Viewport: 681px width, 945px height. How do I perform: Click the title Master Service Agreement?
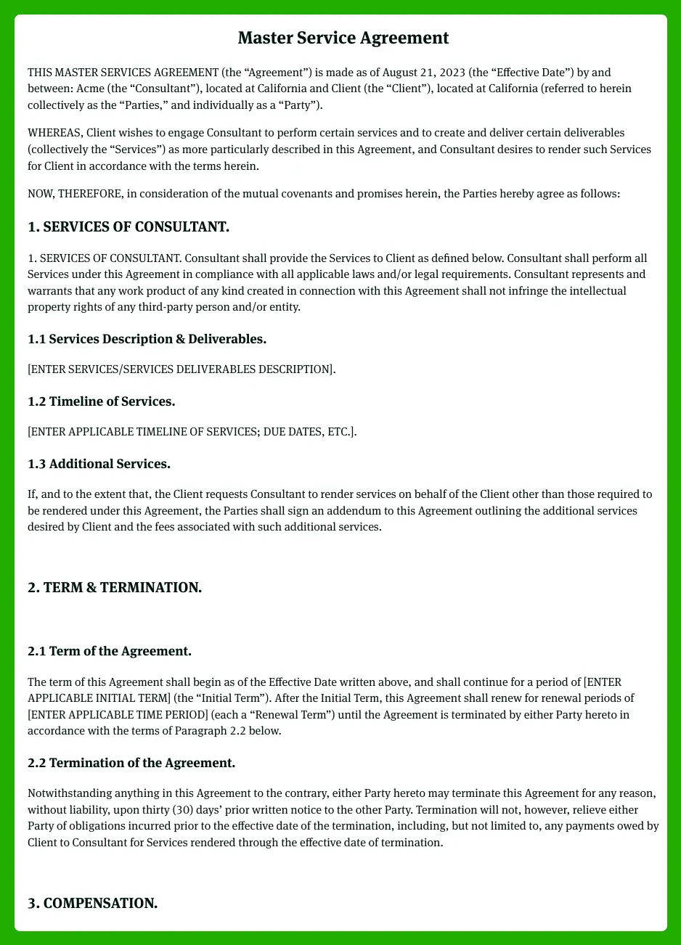343,38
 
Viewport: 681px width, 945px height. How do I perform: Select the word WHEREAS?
55,133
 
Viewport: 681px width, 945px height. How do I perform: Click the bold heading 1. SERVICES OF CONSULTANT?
129,227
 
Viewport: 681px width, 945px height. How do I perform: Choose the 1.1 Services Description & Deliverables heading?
147,339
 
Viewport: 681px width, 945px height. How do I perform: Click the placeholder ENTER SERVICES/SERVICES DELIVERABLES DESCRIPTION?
181,369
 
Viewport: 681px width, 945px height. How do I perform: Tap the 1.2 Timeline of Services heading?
101,401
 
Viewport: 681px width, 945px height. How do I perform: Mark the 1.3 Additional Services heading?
99,464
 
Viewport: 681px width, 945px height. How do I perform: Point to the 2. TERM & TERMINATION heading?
115,587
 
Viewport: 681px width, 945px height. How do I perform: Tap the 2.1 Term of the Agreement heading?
110,651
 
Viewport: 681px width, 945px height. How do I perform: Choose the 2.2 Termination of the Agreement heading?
131,763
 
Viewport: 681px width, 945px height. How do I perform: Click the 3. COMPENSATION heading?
93,904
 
